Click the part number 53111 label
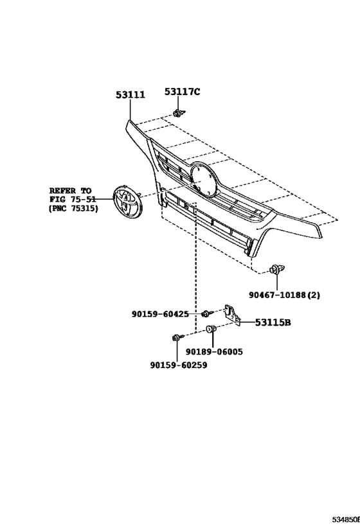point(130,95)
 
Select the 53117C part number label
point(182,92)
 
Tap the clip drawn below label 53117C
point(179,113)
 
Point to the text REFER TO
point(71,191)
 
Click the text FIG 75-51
point(73,200)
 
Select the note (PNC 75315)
point(73,208)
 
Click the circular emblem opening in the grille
point(204,179)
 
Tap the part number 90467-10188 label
point(277,295)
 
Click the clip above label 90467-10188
point(277,269)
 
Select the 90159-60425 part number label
point(160,314)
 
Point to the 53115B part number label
point(273,322)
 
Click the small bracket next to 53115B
point(232,315)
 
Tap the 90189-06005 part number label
point(214,352)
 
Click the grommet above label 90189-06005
point(212,329)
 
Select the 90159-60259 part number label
point(179,365)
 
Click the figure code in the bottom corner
point(346,520)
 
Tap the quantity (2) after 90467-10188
point(314,295)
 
